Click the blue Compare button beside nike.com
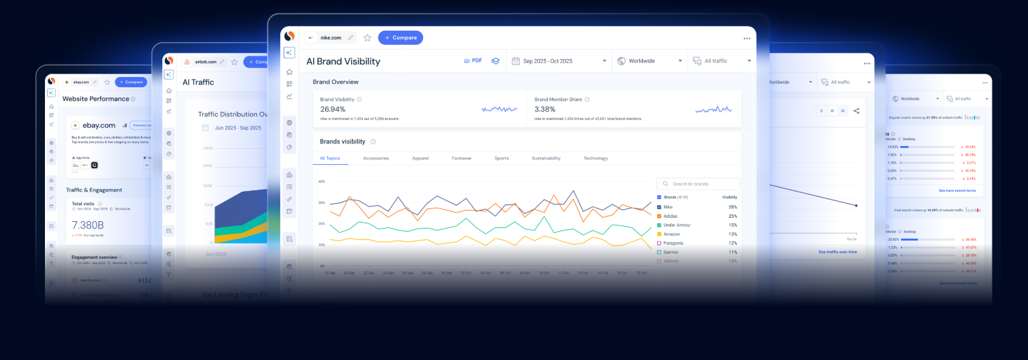[400, 38]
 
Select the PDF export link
[473, 60]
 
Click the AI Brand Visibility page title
[343, 61]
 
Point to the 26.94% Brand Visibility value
[333, 109]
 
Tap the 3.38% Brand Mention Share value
[545, 109]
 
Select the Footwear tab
[461, 158]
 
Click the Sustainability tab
[546, 158]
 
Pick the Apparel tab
[420, 158]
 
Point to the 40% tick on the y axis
[321, 181]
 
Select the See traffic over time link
[838, 251]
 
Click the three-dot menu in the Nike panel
[747, 38]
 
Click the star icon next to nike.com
[367, 38]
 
